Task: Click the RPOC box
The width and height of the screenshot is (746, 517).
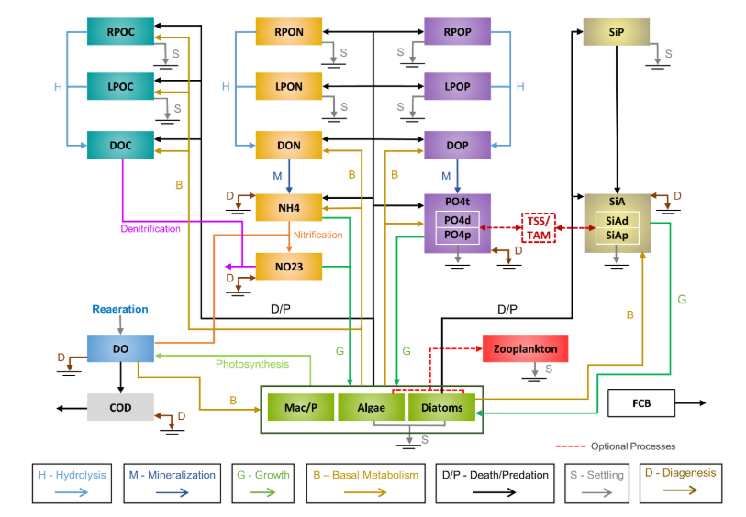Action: [119, 31]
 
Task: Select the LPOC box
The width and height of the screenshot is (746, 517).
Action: [119, 87]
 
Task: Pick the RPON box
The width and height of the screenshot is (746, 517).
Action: [289, 31]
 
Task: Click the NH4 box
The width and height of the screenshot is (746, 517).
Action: [289, 208]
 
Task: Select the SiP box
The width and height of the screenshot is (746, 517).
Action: [616, 31]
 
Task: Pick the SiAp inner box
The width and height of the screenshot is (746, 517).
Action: [616, 236]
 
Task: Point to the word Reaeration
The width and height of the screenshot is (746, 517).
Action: [120, 310]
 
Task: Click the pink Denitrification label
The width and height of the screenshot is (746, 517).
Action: [150, 228]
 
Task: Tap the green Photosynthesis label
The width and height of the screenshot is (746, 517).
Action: [252, 364]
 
